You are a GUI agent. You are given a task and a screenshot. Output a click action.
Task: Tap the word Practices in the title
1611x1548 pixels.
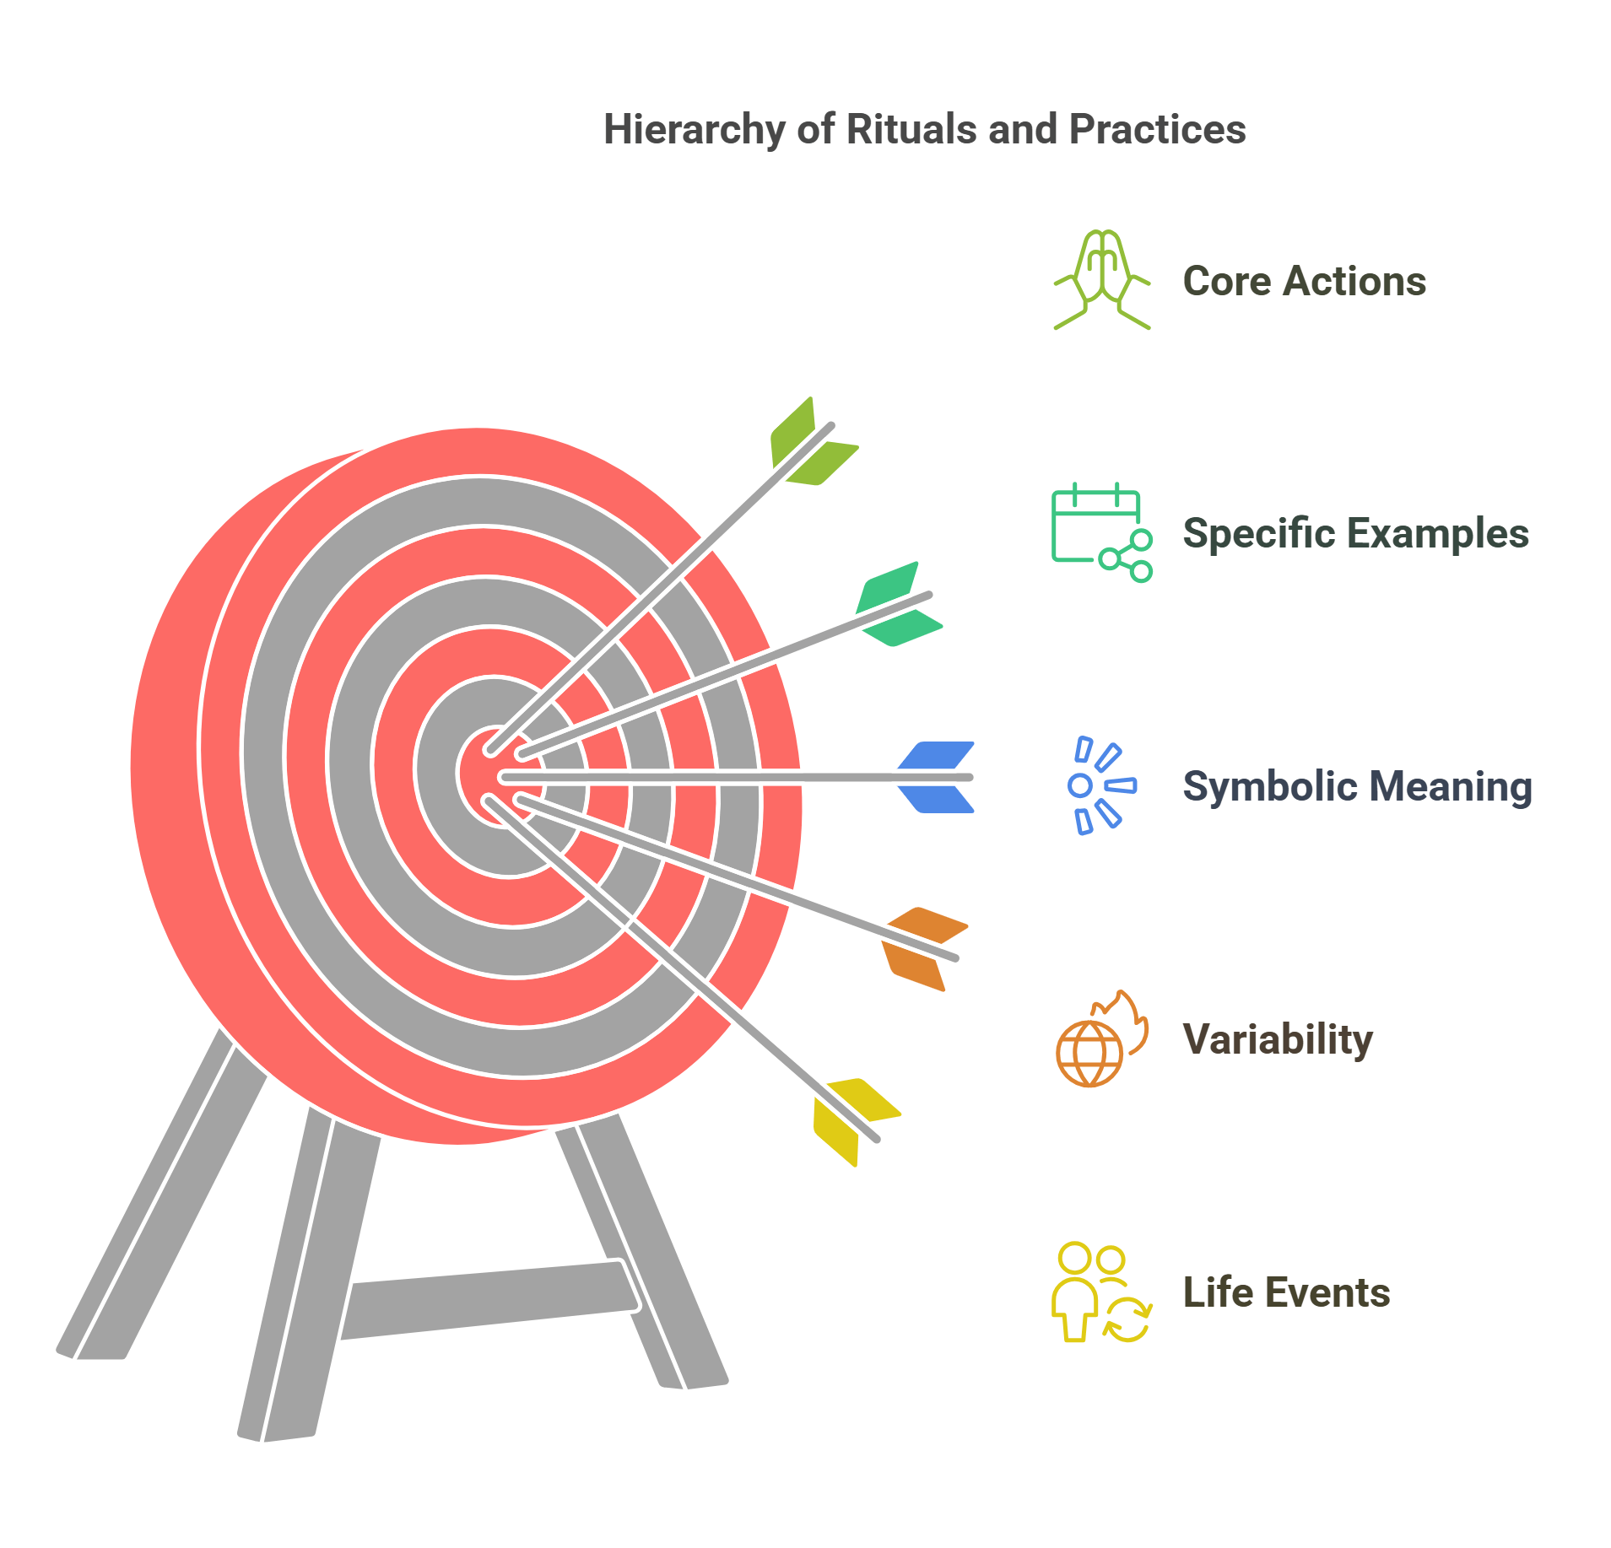pyautogui.click(x=1157, y=130)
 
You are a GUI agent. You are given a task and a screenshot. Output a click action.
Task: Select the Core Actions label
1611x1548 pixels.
pyautogui.click(x=1304, y=281)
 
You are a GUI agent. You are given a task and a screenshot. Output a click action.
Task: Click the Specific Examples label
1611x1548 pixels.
pyautogui.click(x=1355, y=533)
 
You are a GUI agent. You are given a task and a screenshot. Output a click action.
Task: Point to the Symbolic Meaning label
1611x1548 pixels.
pyautogui.click(x=1357, y=786)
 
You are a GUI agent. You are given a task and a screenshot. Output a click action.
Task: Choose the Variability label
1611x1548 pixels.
pyautogui.click(x=1278, y=1039)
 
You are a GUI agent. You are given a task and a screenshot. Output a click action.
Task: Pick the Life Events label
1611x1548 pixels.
pyautogui.click(x=1286, y=1292)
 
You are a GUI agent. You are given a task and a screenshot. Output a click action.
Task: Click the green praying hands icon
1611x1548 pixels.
pyautogui.click(x=1101, y=279)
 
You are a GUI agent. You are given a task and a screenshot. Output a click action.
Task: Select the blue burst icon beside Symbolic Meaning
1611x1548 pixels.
pyautogui.click(x=1101, y=785)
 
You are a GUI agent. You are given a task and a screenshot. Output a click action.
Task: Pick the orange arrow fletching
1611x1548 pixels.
pyautogui.click(x=922, y=947)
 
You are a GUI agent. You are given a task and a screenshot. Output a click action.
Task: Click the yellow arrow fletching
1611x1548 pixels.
pyautogui.click(x=853, y=1119)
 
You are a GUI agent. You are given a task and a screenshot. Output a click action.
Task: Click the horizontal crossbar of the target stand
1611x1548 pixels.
pyautogui.click(x=489, y=1299)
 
